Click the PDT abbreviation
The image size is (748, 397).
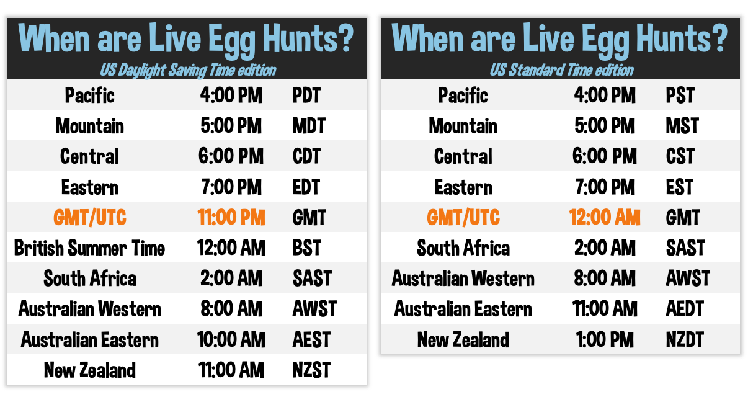pyautogui.click(x=306, y=95)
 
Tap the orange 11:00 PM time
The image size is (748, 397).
pyautogui.click(x=231, y=217)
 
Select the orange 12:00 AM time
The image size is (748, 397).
pyautogui.click(x=605, y=217)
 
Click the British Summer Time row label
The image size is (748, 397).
pyautogui.click(x=89, y=248)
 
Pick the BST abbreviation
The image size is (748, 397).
pyautogui.click(x=306, y=248)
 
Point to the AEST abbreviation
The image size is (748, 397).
pyautogui.click(x=311, y=339)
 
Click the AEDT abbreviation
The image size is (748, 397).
pyautogui.click(x=685, y=308)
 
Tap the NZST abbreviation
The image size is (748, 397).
pyautogui.click(x=311, y=370)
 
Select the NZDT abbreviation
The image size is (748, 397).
pyautogui.click(x=685, y=339)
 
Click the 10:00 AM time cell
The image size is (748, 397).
pyautogui.click(x=231, y=339)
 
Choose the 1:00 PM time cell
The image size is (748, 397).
pyautogui.click(x=605, y=339)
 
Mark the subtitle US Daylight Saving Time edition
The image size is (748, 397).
pyautogui.click(x=188, y=71)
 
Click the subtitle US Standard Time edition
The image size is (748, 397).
pyautogui.click(x=561, y=71)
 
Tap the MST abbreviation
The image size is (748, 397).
pyautogui.click(x=682, y=126)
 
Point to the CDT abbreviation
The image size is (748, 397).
pyautogui.click(x=306, y=156)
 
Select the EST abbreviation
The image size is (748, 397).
pyautogui.click(x=680, y=187)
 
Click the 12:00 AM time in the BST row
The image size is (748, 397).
pyautogui.click(x=231, y=248)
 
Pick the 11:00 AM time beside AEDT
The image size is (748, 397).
pyautogui.click(x=605, y=308)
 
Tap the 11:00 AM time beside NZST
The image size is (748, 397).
pyautogui.click(x=231, y=370)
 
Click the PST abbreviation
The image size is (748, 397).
pyautogui.click(x=680, y=95)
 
